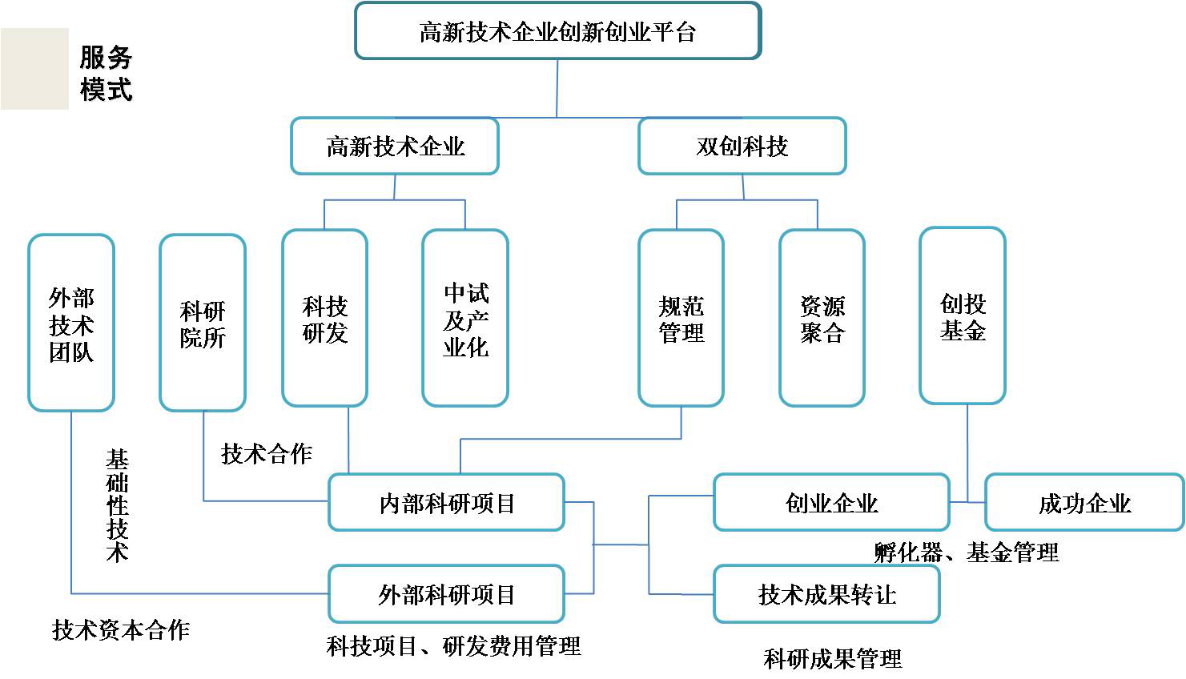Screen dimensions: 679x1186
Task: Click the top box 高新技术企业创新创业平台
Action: point(557,31)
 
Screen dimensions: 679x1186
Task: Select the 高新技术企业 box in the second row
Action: point(395,147)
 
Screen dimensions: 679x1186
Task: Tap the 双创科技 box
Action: point(742,147)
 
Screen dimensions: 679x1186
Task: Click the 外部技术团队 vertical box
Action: point(71,323)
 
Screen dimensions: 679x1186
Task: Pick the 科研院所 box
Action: point(203,323)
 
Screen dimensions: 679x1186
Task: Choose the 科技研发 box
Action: point(325,319)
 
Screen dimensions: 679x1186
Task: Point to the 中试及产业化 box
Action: point(465,319)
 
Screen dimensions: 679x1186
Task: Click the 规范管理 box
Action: point(681,319)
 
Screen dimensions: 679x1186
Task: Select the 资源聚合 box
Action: point(822,319)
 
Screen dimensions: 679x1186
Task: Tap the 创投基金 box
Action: point(963,316)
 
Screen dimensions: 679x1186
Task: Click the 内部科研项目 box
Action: point(447,503)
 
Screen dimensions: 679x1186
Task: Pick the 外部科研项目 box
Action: point(447,594)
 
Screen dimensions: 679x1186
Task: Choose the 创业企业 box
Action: point(831,503)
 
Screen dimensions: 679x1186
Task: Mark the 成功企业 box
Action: point(1084,503)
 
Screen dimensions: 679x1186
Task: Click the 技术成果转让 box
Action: point(826,594)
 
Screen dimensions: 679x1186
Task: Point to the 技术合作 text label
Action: point(267,454)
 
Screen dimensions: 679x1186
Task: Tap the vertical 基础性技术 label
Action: point(117,505)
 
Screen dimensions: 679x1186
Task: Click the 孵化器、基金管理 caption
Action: point(967,552)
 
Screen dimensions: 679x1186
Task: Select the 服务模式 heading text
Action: point(106,73)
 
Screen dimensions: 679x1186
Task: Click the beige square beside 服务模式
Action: point(35,69)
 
